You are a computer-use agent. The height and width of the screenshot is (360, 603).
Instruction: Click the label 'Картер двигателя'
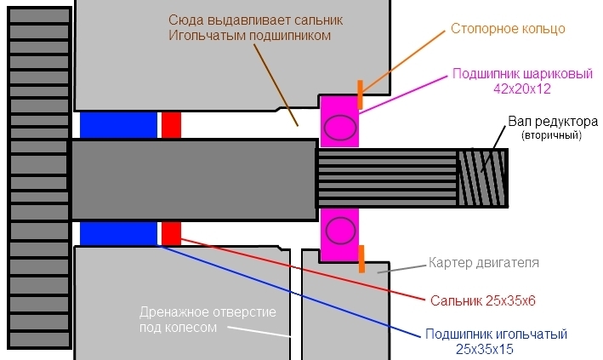click(484, 262)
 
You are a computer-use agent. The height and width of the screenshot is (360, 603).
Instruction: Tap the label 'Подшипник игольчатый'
click(494, 334)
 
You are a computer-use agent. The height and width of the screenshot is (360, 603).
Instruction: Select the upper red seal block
click(171, 124)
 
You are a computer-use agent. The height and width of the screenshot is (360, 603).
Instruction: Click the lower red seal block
click(171, 233)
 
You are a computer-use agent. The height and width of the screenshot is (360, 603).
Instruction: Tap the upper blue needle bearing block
click(118, 124)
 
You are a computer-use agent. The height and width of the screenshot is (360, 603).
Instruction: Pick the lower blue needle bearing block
click(118, 233)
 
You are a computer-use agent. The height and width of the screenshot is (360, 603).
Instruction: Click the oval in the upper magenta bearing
click(340, 128)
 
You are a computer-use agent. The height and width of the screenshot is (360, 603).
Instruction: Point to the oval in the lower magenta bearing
click(340, 230)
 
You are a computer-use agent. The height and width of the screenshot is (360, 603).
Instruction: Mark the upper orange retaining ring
click(361, 94)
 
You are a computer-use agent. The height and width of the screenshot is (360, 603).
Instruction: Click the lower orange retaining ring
click(361, 259)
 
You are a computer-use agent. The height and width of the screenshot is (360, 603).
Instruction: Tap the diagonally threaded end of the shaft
click(482, 179)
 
